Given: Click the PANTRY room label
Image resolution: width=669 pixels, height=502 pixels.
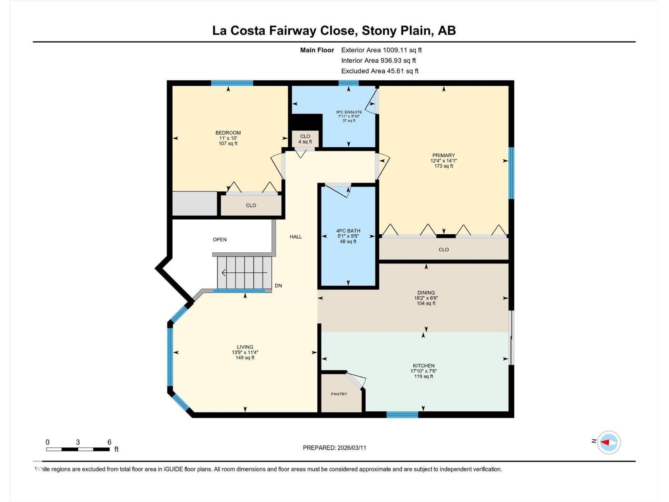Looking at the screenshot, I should coord(339,394).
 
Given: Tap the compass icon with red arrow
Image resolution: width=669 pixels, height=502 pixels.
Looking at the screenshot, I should coord(608,442).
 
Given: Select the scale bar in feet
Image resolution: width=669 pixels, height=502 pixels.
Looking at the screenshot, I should coord(78,449).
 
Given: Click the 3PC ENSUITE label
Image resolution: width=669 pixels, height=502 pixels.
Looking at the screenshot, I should coord(349,112).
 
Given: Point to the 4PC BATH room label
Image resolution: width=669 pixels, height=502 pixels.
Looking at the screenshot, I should coord(348,231).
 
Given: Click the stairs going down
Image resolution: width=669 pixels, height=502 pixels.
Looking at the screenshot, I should coord(244,273).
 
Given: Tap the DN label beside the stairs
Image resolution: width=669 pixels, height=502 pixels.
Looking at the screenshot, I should coord(278,286).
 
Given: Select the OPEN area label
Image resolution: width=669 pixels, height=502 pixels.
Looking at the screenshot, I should coord(220,240).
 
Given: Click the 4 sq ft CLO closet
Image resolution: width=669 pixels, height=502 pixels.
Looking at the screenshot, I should coord(305,139).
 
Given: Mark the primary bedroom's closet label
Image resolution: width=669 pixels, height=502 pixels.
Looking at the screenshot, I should coord(444,250).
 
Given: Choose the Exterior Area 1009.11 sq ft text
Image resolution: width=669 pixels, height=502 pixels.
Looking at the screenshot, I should coord(381,50).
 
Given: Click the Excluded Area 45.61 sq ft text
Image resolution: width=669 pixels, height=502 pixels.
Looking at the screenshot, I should coord(380,71).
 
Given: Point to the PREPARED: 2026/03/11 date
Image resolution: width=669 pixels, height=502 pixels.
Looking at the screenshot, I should coord(334,448).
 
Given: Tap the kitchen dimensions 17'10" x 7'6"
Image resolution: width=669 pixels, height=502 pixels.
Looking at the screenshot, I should coord(424,371).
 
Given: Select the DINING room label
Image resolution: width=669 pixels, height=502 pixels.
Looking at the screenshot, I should coord(426,293).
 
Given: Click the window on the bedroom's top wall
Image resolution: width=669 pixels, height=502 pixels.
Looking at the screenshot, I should coord(232,83).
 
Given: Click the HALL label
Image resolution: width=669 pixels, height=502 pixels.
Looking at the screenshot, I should coord(296,237).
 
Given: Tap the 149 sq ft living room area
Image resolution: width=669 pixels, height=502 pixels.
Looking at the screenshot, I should coord(245,358).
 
